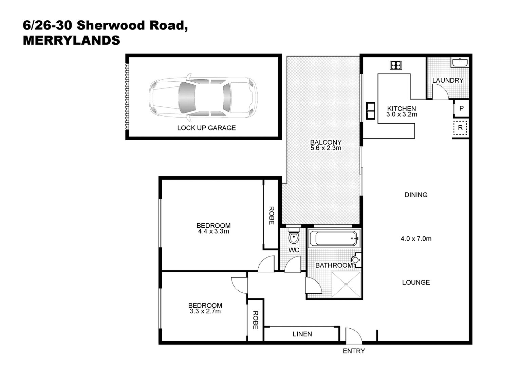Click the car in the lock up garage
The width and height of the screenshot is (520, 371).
203,98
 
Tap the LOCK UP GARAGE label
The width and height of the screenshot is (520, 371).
206,128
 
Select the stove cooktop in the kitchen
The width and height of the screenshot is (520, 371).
396,65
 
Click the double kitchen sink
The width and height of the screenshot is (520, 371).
370,111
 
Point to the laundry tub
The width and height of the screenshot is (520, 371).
459,63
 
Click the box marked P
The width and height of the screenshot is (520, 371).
462,108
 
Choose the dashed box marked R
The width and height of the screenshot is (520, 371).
460,127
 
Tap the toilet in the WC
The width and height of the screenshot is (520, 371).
294,236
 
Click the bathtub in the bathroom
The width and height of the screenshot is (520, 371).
334,238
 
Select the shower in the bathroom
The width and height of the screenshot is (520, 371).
346,285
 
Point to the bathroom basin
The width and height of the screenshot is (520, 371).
356,260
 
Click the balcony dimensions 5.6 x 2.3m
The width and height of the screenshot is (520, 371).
326,148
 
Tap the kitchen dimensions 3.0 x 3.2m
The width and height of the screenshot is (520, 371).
402,114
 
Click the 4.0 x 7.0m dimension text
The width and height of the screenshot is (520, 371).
416,239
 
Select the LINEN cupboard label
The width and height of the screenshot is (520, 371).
302,334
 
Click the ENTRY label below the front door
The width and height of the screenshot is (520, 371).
354,351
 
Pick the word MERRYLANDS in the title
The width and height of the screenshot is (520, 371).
72,40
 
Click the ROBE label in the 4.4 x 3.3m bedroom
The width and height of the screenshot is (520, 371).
272,215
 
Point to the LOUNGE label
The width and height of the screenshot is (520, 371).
416,282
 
